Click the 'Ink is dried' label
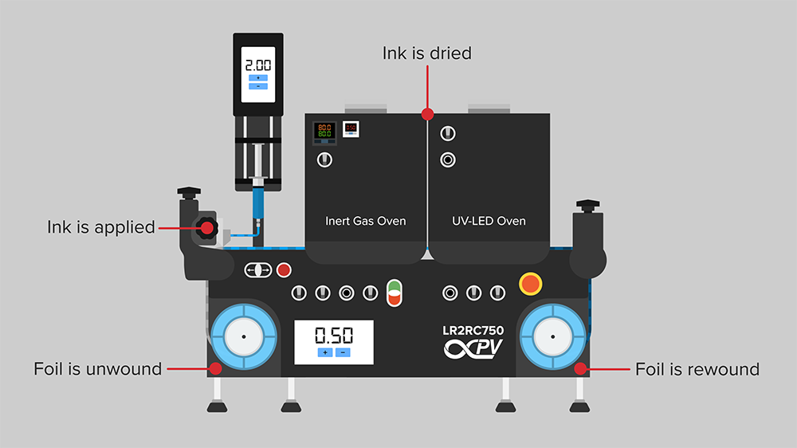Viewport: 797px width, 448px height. pyautogui.click(x=427, y=53)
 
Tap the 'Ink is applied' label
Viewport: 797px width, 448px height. pyautogui.click(x=100, y=227)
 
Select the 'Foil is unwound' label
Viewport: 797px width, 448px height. pyautogui.click(x=97, y=369)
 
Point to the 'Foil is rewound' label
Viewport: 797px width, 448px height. pyautogui.click(x=697, y=369)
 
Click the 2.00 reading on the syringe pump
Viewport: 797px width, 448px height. pyautogui.click(x=257, y=65)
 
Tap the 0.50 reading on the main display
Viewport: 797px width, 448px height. pyautogui.click(x=334, y=335)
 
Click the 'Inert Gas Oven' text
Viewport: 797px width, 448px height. pyautogui.click(x=366, y=221)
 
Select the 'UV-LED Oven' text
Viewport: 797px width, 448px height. pyautogui.click(x=489, y=221)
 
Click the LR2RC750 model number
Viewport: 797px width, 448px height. pyautogui.click(x=473, y=329)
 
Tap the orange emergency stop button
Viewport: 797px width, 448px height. pyautogui.click(x=530, y=283)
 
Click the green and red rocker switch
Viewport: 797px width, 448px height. pyautogui.click(x=395, y=292)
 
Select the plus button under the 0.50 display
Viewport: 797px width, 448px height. pyautogui.click(x=325, y=352)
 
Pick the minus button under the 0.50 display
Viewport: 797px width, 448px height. pyautogui.click(x=344, y=352)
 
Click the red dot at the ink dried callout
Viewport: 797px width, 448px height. pyautogui.click(x=427, y=113)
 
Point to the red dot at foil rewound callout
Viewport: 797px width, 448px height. pyautogui.click(x=581, y=368)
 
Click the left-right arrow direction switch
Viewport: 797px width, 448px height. pyautogui.click(x=258, y=270)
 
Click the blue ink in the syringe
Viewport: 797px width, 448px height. pyautogui.click(x=258, y=202)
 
